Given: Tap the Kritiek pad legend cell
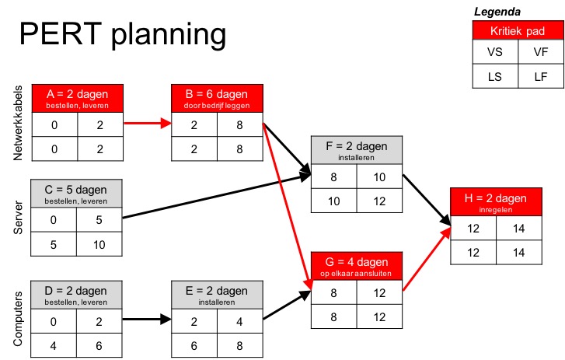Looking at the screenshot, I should [x=515, y=31].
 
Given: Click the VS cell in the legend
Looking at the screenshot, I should [x=494, y=52].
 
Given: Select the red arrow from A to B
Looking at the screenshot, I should [x=148, y=122].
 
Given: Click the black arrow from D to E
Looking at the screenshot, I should [x=148, y=318].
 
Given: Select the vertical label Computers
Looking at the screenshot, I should [x=19, y=316].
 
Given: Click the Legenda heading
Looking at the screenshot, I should [x=497, y=11].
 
